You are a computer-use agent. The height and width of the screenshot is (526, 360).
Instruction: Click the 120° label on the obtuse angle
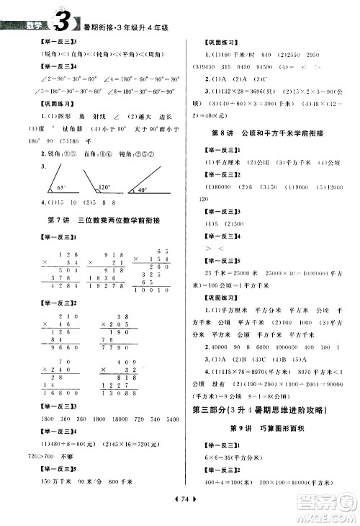tap(105, 186)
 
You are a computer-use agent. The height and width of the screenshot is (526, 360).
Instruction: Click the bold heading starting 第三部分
tap(270, 411)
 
